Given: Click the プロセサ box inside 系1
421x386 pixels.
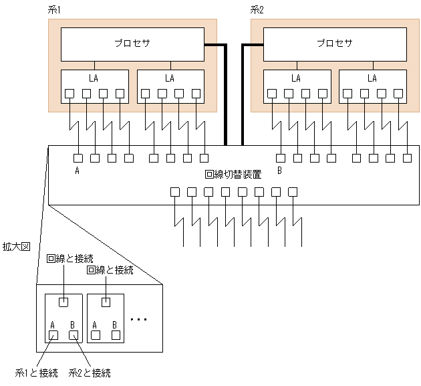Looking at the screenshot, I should [132, 44].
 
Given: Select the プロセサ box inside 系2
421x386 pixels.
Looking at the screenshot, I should [335, 44].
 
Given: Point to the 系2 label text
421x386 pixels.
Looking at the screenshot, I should [258, 9].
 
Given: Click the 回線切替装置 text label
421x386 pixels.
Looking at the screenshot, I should [233, 174].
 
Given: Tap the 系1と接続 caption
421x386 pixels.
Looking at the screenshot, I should [36, 373].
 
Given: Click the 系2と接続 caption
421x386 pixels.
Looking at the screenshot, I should [90, 373].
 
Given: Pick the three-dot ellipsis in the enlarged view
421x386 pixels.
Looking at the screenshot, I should [138, 320].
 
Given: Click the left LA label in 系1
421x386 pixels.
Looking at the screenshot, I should [94, 78].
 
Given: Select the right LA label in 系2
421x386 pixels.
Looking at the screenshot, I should [372, 78].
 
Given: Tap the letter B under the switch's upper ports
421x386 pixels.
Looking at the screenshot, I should [280, 171].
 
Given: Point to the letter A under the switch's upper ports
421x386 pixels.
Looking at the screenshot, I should [78, 171].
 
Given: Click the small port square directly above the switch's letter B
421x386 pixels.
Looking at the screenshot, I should [280, 159].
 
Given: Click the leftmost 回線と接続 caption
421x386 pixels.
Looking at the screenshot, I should [70, 258].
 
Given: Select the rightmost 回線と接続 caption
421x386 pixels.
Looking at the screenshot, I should [111, 270].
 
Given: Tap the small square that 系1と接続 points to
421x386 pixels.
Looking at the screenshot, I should [53, 335].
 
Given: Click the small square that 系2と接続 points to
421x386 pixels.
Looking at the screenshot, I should [75, 335].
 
